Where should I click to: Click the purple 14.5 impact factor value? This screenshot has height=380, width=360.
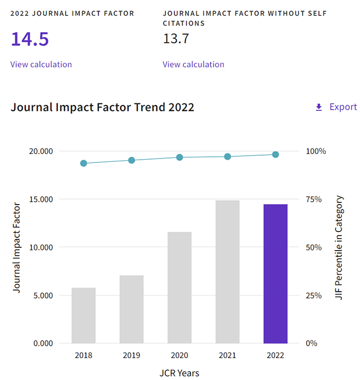[29, 39]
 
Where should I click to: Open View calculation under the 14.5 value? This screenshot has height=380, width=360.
[41, 64]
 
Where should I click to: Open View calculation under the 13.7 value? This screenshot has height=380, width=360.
[193, 64]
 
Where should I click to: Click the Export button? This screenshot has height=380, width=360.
[336, 107]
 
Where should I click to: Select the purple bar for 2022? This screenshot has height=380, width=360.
[276, 274]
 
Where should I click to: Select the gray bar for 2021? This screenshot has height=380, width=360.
[227, 272]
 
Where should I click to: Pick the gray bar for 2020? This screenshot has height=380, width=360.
[179, 287]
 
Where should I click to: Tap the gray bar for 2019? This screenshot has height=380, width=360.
[132, 309]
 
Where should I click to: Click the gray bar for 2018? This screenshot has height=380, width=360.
[83, 315]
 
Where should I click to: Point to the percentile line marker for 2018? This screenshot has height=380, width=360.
[84, 164]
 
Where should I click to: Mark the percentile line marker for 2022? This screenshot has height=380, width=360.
[276, 155]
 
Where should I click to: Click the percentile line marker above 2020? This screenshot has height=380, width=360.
[179, 157]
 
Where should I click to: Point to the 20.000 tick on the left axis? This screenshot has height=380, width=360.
[40, 151]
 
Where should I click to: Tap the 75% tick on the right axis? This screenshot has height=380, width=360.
[314, 199]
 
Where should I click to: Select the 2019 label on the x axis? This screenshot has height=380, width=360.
[132, 355]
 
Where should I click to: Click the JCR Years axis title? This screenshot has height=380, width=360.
[179, 373]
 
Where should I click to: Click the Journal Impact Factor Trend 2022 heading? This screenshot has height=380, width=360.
[102, 107]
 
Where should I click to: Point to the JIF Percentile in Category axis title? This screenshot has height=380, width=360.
[339, 247]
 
